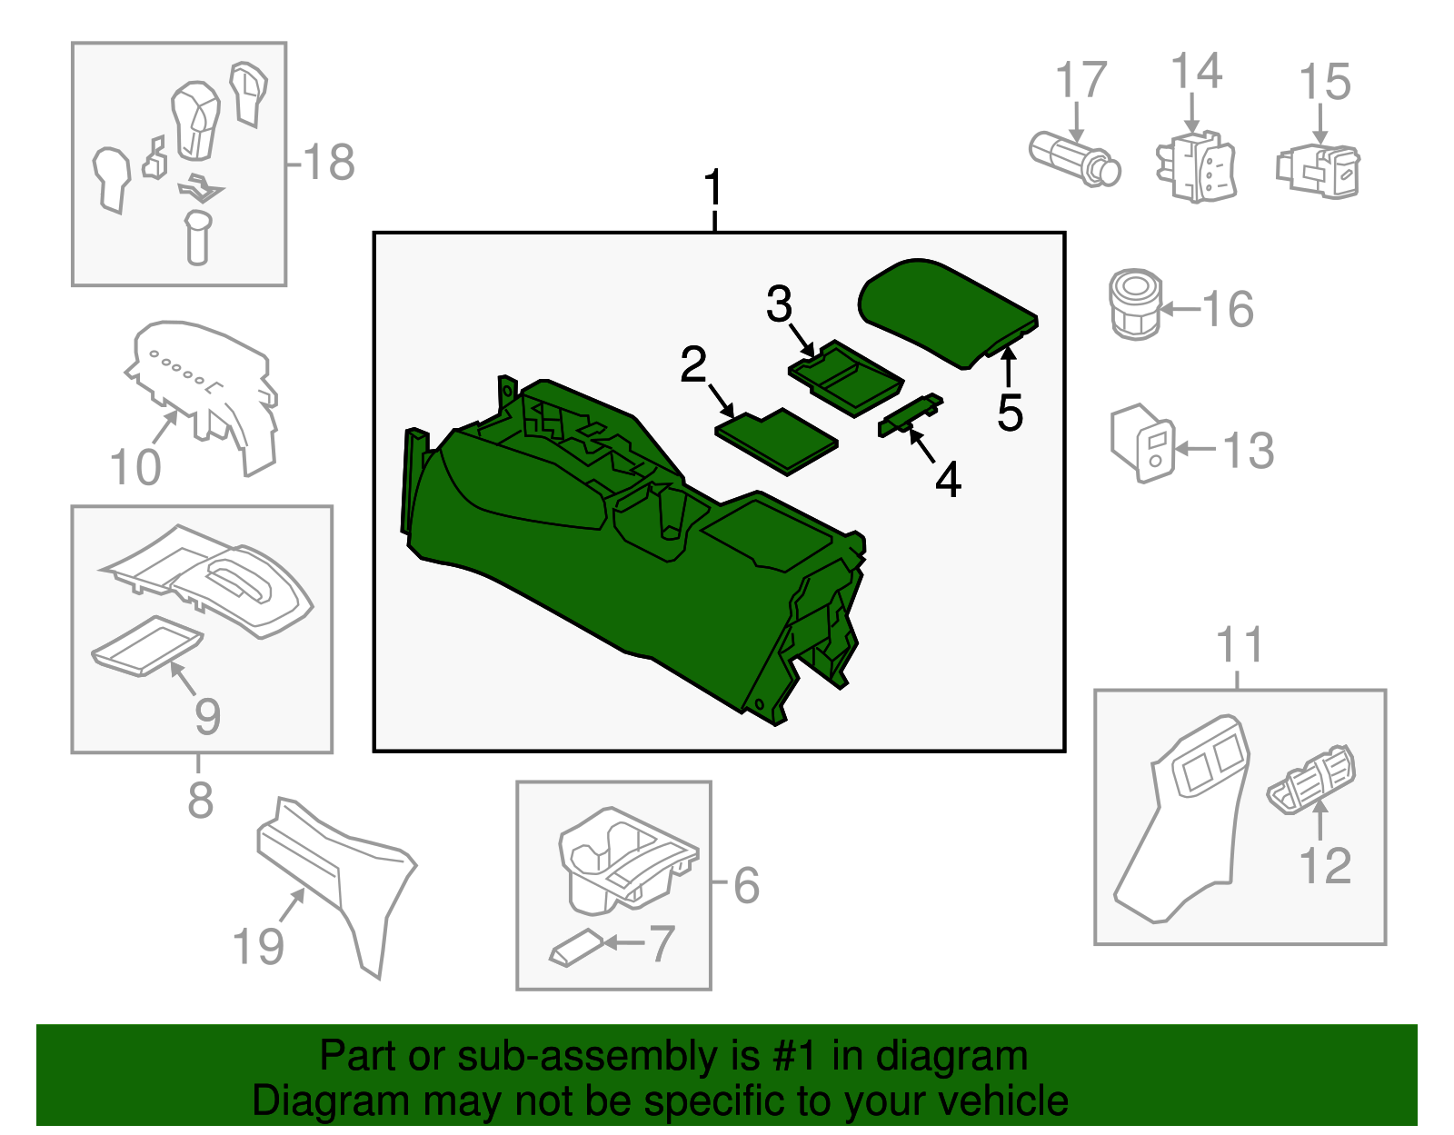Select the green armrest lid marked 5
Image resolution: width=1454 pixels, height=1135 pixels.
(945, 309)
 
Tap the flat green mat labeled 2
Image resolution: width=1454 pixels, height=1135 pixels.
(775, 440)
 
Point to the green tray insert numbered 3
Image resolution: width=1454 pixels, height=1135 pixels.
(845, 378)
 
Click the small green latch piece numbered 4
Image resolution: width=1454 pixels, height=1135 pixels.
(910, 413)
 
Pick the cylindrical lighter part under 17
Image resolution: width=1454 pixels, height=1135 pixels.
(1074, 158)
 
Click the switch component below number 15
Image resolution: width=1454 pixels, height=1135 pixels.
(1319, 170)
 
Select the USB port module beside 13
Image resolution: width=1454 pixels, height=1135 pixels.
(1142, 443)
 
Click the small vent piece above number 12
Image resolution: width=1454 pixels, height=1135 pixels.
(1311, 778)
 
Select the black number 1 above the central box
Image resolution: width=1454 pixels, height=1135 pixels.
(714, 189)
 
